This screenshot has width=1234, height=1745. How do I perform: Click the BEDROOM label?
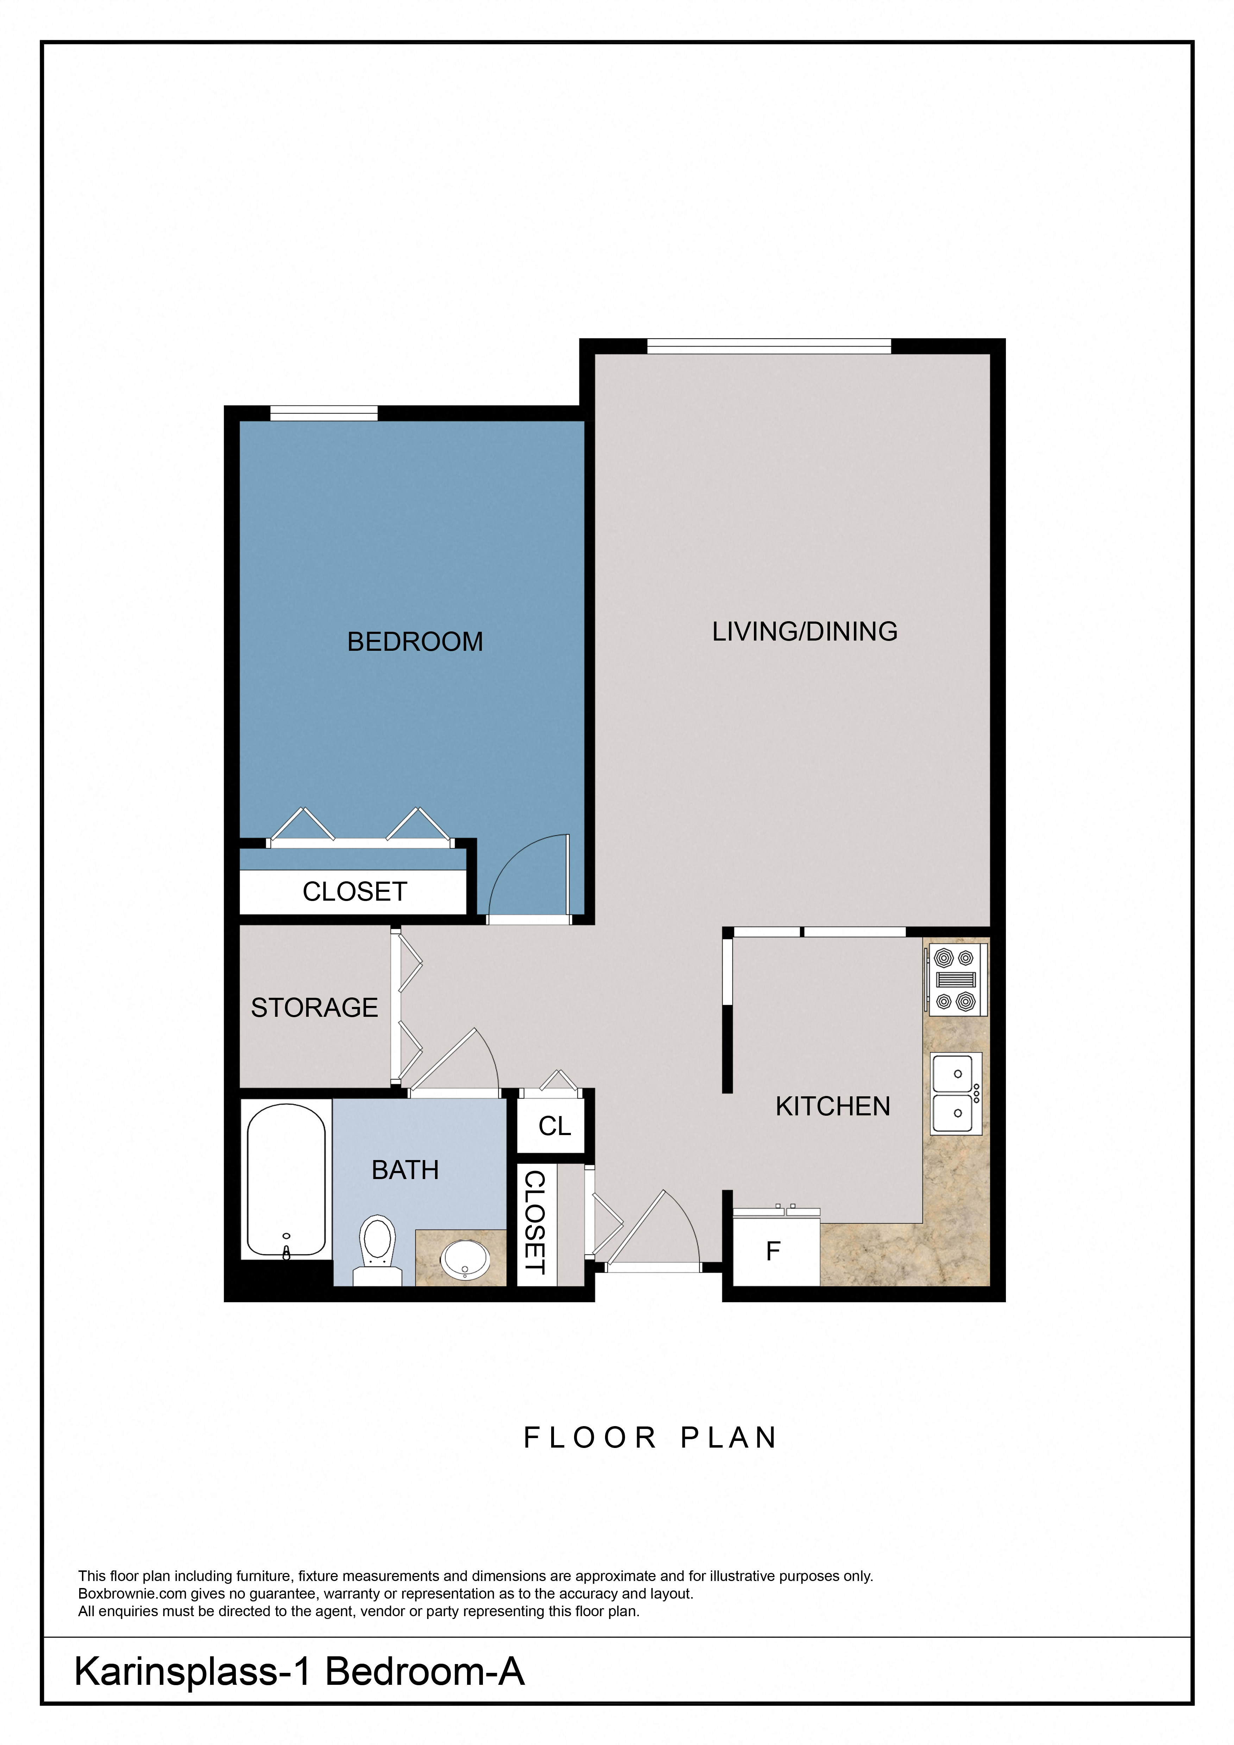click(x=415, y=642)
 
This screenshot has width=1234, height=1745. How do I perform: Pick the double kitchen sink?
click(x=956, y=1093)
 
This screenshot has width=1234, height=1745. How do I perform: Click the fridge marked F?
click(x=774, y=1251)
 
